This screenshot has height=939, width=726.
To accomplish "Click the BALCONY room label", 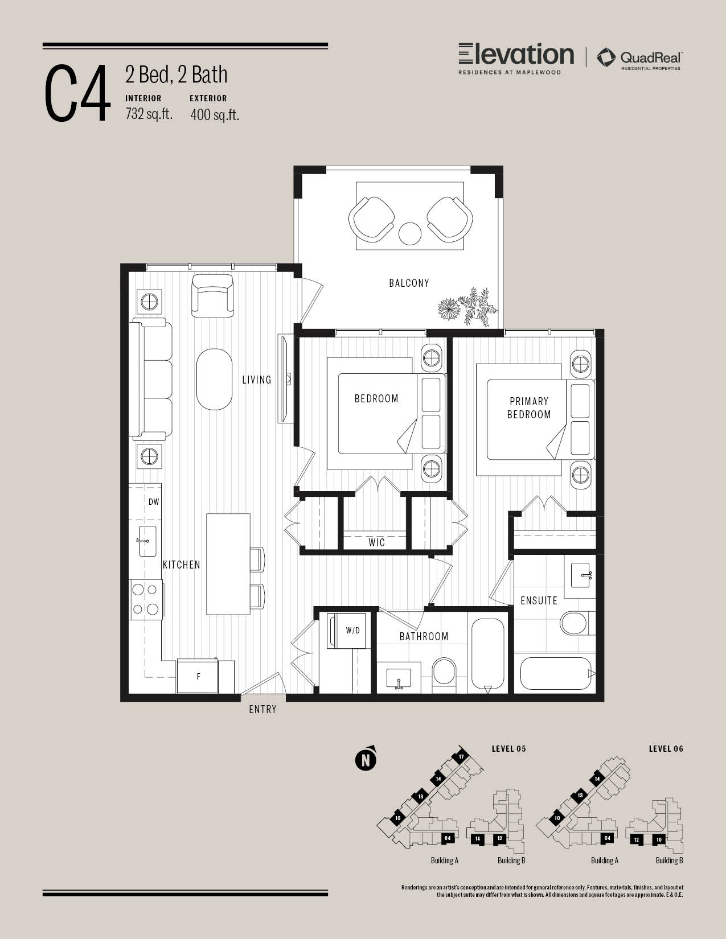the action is click(409, 283).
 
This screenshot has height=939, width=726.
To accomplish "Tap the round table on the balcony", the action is click(409, 233).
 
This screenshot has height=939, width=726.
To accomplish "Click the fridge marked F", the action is click(198, 676).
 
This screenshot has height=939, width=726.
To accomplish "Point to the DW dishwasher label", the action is click(154, 502).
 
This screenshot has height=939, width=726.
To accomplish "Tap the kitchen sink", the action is click(147, 541).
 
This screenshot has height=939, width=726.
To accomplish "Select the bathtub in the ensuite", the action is click(556, 673).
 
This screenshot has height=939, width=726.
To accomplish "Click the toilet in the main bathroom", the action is click(444, 674).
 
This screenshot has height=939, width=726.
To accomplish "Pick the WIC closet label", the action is click(376, 543).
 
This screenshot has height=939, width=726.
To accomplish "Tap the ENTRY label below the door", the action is click(262, 710).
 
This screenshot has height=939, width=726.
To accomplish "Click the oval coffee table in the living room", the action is click(214, 380).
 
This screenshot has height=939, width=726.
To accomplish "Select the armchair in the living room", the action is click(212, 296).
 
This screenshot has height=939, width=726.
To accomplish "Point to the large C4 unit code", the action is click(76, 93).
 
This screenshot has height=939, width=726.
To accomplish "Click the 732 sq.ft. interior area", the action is click(149, 114).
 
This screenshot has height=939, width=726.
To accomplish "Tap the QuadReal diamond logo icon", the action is click(606, 58).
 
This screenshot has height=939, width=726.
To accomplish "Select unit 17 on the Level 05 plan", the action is click(461, 757).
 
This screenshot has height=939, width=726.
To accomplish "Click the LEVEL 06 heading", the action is click(666, 749).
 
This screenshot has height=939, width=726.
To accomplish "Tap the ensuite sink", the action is click(580, 575).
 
